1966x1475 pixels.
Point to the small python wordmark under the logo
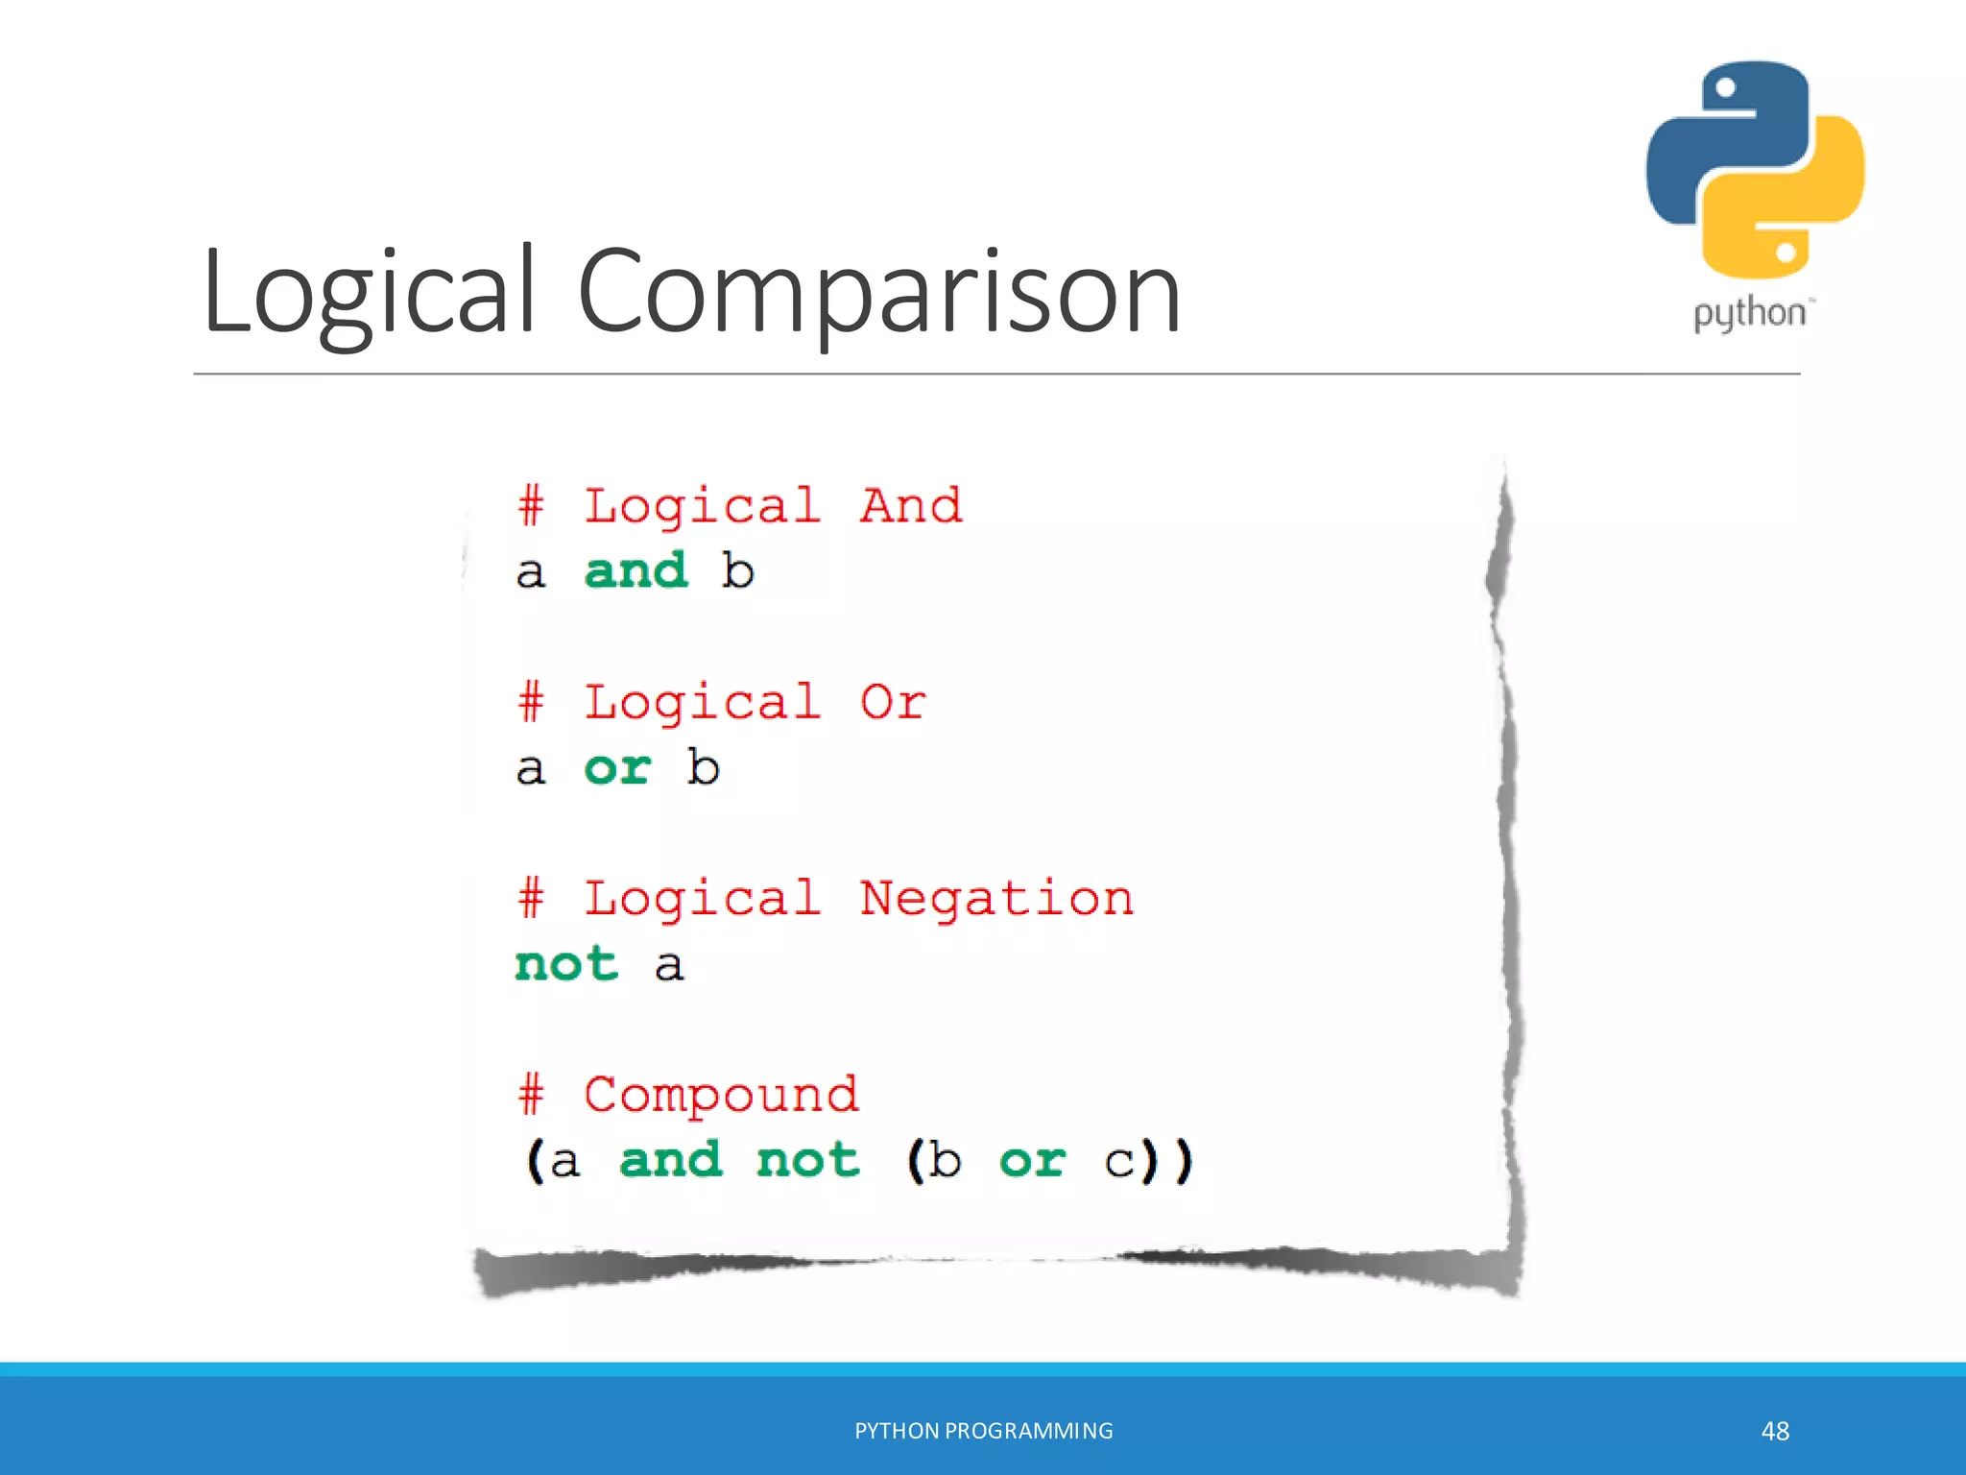click(1749, 314)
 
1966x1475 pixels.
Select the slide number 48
click(1775, 1431)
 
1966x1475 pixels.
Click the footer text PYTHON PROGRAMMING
click(984, 1431)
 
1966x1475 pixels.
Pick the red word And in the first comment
click(910, 505)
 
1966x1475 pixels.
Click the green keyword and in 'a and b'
click(635, 570)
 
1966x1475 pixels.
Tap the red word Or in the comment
click(893, 702)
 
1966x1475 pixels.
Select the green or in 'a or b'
click(617, 767)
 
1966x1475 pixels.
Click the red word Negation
click(996, 898)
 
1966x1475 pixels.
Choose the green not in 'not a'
click(566, 963)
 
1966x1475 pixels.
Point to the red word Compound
click(721, 1095)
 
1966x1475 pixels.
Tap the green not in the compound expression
click(807, 1160)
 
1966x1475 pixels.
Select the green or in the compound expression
click(1032, 1160)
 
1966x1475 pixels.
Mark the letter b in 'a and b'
click(737, 570)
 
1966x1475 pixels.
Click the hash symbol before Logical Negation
click(531, 898)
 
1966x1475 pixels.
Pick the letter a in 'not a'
click(669, 965)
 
